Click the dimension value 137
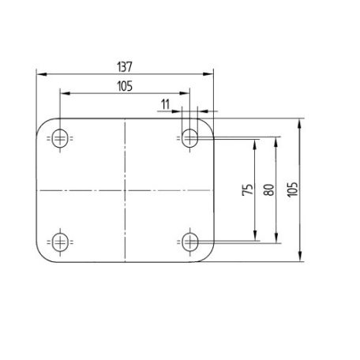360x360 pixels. click(x=125, y=67)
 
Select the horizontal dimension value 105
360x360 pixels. click(x=125, y=86)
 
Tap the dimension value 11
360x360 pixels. click(x=165, y=104)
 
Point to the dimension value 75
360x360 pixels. click(x=248, y=189)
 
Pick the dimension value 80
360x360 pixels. click(x=269, y=189)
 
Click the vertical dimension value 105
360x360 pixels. click(x=292, y=189)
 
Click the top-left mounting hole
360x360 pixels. click(x=60, y=138)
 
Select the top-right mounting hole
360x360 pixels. click(x=189, y=138)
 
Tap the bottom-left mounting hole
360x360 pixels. click(x=60, y=242)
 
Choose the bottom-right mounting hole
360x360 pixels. click(x=189, y=242)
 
